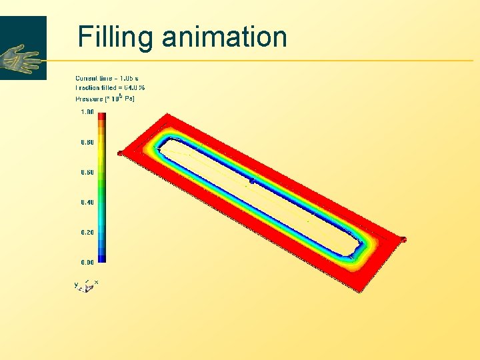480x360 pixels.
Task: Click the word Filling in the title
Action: click(115, 37)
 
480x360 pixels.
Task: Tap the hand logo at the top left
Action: click(21, 59)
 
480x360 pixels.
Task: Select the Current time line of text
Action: click(107, 79)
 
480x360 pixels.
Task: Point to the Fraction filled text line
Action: click(110, 88)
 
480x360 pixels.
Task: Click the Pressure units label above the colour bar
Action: click(105, 99)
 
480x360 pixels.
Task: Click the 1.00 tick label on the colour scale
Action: click(87, 112)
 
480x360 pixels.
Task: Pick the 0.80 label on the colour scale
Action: click(87, 142)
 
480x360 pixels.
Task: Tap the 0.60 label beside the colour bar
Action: click(87, 172)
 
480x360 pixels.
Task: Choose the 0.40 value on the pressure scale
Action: click(87, 202)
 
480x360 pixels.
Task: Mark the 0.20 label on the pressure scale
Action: click(87, 232)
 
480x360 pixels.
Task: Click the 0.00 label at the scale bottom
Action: click(87, 262)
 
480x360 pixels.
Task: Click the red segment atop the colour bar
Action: click(102, 117)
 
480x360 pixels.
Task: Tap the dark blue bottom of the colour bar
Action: click(102, 259)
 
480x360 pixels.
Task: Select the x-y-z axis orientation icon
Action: click(88, 286)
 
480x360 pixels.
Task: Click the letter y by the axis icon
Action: click(76, 285)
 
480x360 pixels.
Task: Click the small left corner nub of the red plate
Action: click(119, 153)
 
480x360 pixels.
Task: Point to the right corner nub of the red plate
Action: click(403, 239)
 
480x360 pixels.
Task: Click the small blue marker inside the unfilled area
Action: click(251, 181)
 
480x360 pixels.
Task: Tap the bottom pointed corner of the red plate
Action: click(361, 291)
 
